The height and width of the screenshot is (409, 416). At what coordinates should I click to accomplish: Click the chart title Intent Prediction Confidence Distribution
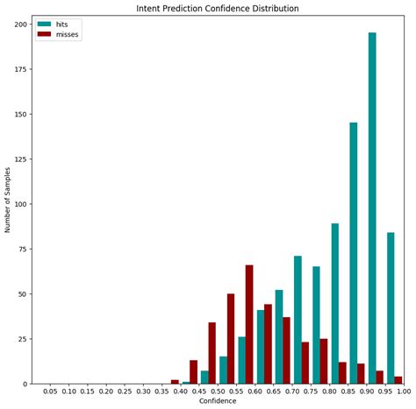click(x=218, y=9)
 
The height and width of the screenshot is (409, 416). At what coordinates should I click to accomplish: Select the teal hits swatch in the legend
click(x=45, y=25)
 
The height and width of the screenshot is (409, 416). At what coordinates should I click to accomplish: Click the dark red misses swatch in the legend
click(x=45, y=35)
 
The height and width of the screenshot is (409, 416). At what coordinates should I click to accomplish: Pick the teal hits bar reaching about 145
click(x=354, y=253)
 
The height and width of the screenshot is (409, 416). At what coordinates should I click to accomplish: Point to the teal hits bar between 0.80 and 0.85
click(x=335, y=303)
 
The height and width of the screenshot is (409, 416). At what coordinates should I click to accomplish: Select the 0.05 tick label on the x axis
click(x=50, y=392)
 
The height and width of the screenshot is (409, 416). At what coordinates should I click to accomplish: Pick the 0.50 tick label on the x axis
click(x=218, y=392)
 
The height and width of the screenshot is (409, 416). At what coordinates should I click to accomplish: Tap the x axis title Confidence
click(x=218, y=402)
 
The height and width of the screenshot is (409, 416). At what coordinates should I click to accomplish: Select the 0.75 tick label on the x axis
click(x=311, y=392)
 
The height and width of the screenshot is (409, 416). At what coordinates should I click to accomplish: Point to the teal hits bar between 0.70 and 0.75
click(x=298, y=320)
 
